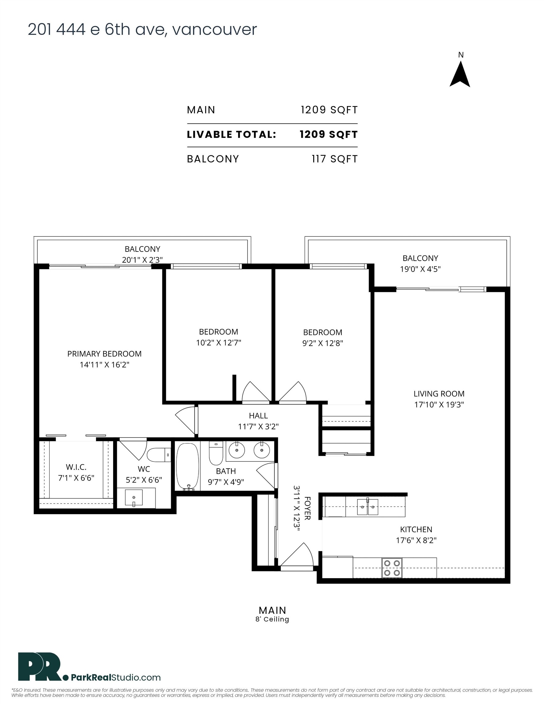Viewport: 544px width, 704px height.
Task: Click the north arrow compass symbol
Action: click(460, 75)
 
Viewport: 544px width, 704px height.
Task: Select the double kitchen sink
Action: click(367, 507)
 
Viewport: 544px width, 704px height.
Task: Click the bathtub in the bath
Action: click(187, 466)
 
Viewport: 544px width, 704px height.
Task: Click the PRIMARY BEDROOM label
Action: click(104, 354)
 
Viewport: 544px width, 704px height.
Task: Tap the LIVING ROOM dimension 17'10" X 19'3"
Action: click(439, 404)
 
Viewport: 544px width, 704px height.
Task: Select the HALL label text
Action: click(258, 416)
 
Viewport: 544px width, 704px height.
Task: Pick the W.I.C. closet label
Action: click(76, 467)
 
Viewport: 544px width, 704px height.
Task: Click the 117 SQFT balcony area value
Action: click(334, 159)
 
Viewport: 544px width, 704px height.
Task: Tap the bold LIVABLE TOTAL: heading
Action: click(231, 134)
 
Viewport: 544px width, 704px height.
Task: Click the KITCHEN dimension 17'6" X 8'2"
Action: click(416, 540)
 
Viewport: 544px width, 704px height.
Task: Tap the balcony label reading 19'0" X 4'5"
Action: click(420, 269)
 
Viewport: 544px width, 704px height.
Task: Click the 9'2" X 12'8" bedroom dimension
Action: click(322, 343)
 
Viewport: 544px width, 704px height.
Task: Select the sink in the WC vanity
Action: click(134, 498)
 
